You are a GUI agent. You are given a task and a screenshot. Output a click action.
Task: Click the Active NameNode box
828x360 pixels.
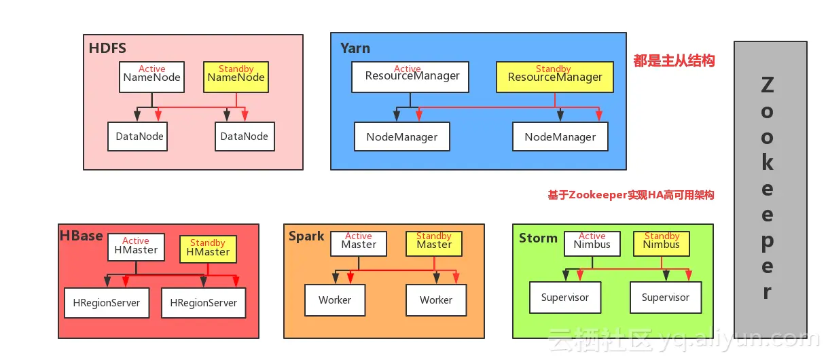pyautogui.click(x=151, y=77)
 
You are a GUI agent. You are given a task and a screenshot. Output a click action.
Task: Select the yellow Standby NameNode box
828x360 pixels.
pyautogui.click(x=236, y=77)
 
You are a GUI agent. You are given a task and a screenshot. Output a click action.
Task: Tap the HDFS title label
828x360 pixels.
pyautogui.click(x=107, y=48)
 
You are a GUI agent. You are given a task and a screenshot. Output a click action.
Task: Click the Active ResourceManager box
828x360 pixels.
pyautogui.click(x=410, y=77)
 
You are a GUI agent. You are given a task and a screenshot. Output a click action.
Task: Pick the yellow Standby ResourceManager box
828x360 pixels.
pyautogui.click(x=554, y=77)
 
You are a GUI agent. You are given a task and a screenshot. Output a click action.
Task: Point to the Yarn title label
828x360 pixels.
pyautogui.click(x=355, y=48)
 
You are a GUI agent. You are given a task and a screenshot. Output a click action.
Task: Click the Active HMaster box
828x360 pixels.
pyautogui.click(x=136, y=247)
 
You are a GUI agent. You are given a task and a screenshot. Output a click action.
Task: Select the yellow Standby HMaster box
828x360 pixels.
pyautogui.click(x=208, y=249)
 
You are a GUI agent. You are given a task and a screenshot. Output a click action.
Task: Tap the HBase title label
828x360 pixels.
pyautogui.click(x=82, y=236)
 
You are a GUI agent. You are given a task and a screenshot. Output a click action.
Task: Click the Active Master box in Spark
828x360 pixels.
pyautogui.click(x=359, y=244)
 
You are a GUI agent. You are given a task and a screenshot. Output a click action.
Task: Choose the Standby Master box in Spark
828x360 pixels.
pyautogui.click(x=434, y=244)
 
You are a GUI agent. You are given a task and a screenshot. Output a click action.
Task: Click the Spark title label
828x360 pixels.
pyautogui.click(x=306, y=236)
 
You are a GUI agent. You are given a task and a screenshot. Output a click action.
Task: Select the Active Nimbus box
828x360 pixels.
pyautogui.click(x=592, y=244)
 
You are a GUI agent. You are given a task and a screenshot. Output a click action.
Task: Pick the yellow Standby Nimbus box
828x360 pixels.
pyautogui.click(x=662, y=244)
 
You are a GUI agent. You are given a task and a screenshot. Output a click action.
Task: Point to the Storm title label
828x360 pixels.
pyautogui.click(x=538, y=238)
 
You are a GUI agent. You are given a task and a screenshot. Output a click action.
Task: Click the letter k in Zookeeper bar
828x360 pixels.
pyautogui.click(x=768, y=162)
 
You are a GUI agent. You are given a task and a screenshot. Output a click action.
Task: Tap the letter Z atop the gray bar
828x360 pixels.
pyautogui.click(x=768, y=85)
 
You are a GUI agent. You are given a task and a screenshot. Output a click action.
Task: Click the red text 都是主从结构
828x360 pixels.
pyautogui.click(x=674, y=60)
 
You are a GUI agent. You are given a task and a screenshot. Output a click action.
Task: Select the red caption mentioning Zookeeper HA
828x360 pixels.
pyautogui.click(x=630, y=195)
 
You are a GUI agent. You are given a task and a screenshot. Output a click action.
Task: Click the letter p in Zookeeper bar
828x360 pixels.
pyautogui.click(x=768, y=242)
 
